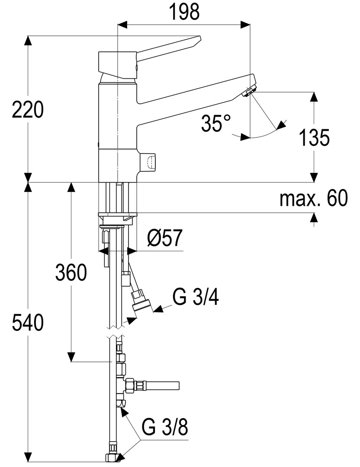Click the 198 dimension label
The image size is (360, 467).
pyautogui.click(x=184, y=13)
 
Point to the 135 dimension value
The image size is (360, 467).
pyautogui.click(x=314, y=138)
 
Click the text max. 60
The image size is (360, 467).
pyautogui.click(x=313, y=199)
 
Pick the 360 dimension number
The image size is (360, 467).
pyautogui.click(x=71, y=273)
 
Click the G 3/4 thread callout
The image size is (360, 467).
pyautogui.click(x=195, y=297)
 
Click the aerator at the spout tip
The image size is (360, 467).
pyautogui.click(x=250, y=92)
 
